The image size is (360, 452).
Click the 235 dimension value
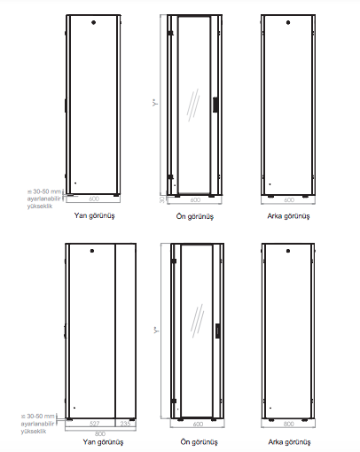(x=125, y=424)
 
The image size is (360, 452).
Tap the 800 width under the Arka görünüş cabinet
(x=288, y=425)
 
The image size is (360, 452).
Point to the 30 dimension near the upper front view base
(x=161, y=199)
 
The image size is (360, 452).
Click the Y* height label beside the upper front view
(x=155, y=105)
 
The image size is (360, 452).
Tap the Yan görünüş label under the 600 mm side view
(x=95, y=215)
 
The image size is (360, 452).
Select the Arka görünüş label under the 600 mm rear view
(x=288, y=215)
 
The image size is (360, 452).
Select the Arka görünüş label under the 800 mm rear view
(x=288, y=440)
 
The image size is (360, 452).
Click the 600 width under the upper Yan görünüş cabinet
(x=94, y=199)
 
